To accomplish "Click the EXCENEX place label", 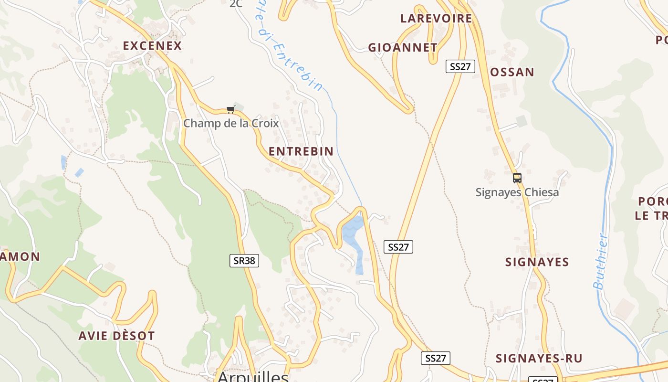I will pos(152,46).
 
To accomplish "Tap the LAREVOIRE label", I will pos(436,19).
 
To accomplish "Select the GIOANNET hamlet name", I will pos(403,48).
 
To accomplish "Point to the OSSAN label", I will pos(512,72).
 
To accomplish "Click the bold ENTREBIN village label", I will pos(301,151).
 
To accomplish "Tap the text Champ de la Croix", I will pos(231,123).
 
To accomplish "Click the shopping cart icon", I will pos(231,110).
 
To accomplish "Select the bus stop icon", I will pos(517,178).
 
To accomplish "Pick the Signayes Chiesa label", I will pos(517,192).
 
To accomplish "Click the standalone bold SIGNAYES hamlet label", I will pos(537,262).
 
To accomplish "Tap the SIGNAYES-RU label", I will pos(539,359).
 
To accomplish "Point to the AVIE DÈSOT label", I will pos(117,336).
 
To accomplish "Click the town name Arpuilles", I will pos(253,376).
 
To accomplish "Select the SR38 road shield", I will pos(244,261).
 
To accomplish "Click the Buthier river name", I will pos(600,261).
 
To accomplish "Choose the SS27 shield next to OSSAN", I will pos(460,66).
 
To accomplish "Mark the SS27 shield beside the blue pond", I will pos(398,247).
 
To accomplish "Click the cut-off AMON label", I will pos(20,257).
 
